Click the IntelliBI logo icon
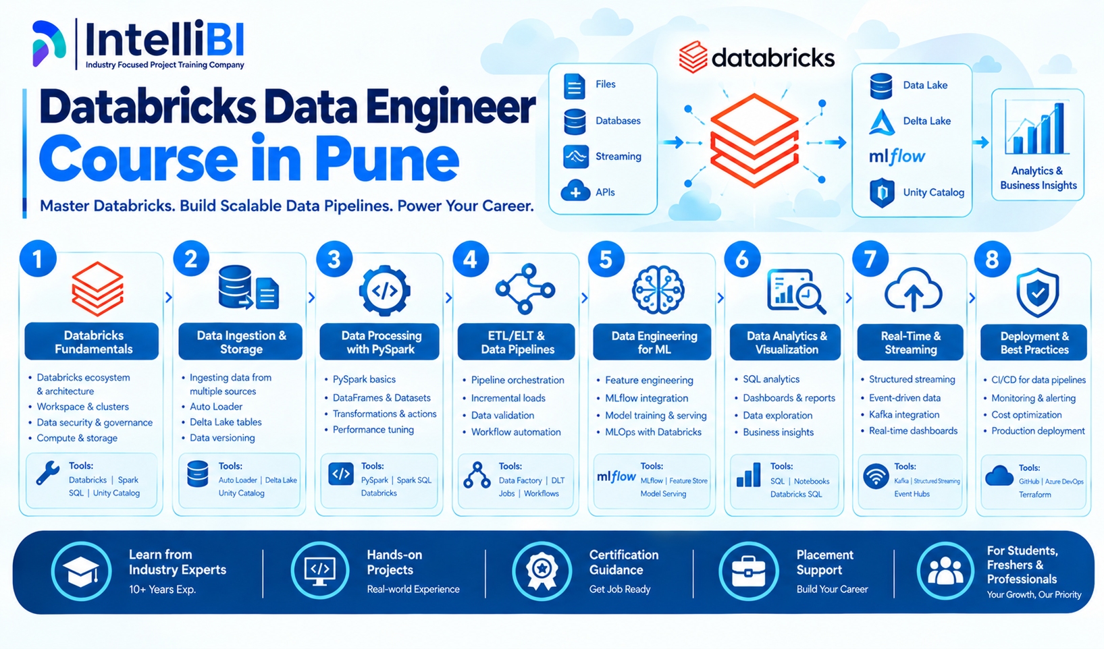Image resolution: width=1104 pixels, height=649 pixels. [49, 43]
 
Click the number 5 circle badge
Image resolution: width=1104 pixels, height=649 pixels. [606, 259]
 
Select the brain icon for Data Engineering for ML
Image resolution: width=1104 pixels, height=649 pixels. [658, 289]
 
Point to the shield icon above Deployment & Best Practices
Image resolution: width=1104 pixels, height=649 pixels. [1037, 293]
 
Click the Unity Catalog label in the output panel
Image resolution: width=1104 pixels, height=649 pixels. [933, 192]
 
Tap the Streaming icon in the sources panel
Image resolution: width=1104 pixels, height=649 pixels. [576, 157]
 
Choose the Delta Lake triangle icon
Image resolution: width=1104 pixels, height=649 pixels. [882, 122]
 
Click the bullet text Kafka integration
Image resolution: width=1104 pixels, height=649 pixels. [904, 415]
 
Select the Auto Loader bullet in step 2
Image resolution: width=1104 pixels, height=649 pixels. [216, 407]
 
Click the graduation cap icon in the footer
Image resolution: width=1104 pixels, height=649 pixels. [81, 571]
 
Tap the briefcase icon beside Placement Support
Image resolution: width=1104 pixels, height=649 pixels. [748, 571]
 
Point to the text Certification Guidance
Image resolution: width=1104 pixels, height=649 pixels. [623, 563]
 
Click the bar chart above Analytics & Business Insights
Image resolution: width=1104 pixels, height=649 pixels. [1037, 129]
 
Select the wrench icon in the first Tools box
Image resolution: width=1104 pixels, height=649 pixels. [48, 474]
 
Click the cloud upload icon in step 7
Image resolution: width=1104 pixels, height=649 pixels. [914, 290]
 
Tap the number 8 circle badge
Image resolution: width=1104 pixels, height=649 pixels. [993, 260]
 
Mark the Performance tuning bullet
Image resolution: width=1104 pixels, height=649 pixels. [373, 430]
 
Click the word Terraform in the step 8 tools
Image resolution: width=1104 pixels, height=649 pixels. [1035, 495]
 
